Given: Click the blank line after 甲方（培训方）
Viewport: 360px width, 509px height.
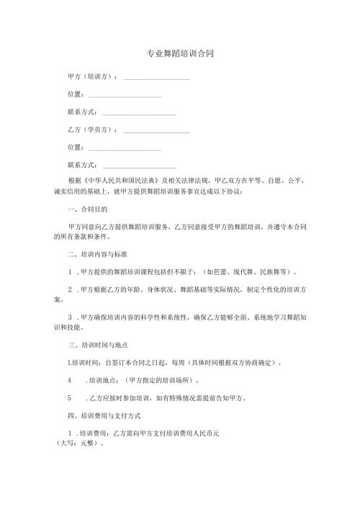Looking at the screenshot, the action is (x=156, y=77).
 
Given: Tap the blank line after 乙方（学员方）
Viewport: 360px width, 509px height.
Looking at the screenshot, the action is (x=156, y=132).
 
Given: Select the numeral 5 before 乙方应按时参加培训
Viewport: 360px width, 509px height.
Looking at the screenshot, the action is (x=69, y=397).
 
